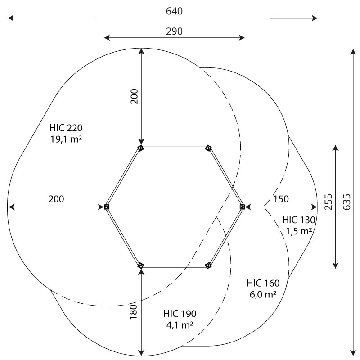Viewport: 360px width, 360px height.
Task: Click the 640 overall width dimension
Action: tap(174, 11)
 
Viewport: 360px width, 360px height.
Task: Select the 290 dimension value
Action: tap(174, 31)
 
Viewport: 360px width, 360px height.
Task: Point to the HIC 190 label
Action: tap(180, 314)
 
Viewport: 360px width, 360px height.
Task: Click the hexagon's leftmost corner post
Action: tap(107, 207)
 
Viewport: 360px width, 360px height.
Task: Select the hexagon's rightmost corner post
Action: tap(242, 207)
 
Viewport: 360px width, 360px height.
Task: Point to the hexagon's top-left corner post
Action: tap(140, 148)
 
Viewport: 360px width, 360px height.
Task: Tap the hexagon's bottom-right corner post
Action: tap(208, 265)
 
